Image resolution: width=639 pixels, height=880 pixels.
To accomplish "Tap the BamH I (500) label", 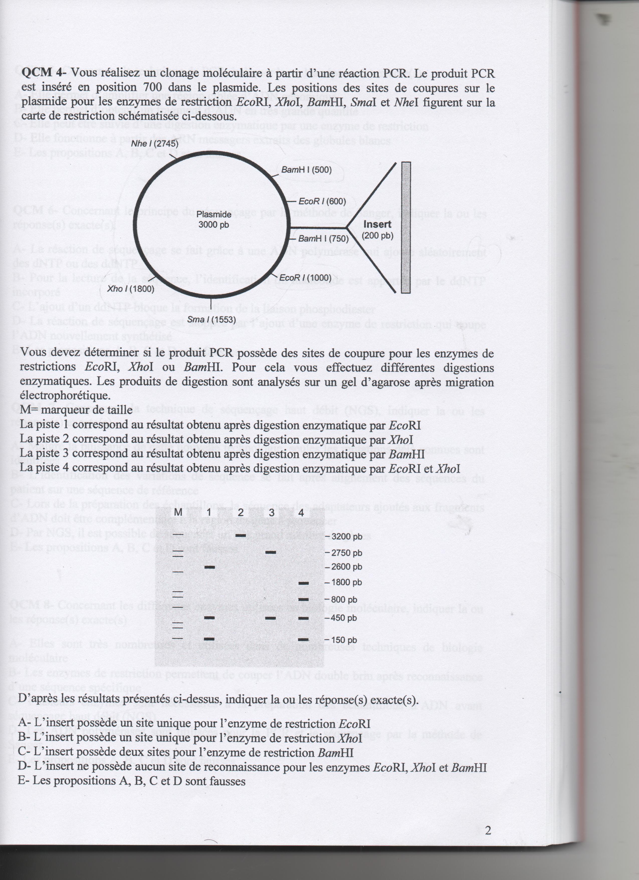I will (x=306, y=169).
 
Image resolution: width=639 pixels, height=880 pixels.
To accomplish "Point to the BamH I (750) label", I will (x=323, y=238).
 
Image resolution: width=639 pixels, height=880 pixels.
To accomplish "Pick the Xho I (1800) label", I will (x=131, y=289).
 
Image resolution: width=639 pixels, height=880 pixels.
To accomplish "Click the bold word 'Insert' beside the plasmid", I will (x=377, y=224).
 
